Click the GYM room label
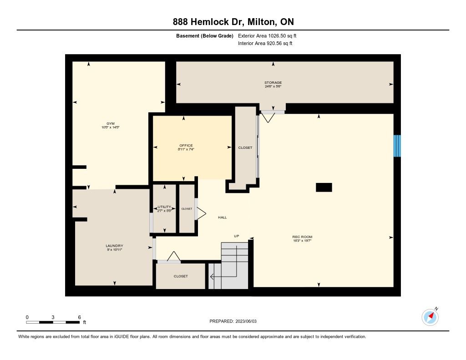click(x=111, y=124)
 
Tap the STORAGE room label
click(x=273, y=83)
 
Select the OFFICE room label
click(x=186, y=146)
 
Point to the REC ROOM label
click(x=302, y=237)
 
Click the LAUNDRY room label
click(x=114, y=246)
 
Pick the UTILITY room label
click(x=164, y=207)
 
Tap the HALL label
click(x=222, y=217)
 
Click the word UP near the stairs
click(x=237, y=236)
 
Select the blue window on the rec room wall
click(x=397, y=146)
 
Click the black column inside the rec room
click(x=324, y=188)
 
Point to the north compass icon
click(x=430, y=317)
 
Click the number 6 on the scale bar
click(x=79, y=317)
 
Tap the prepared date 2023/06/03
click(x=246, y=321)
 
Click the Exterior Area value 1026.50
click(x=277, y=35)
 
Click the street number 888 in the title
click(x=180, y=22)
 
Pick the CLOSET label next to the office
click(x=245, y=147)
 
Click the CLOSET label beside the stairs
click(x=181, y=276)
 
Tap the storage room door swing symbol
click(x=268, y=117)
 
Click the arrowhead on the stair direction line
click(x=212, y=277)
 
